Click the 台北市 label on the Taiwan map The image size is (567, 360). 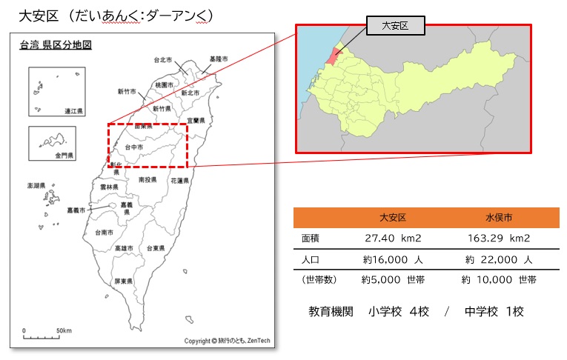[x=163, y=60]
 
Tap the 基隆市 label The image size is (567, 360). [x=219, y=59]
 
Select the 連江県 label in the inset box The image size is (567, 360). [x=73, y=111]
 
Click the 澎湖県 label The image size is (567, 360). [x=36, y=185]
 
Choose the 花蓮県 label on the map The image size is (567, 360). [x=180, y=181]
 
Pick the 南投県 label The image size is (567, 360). [x=147, y=179]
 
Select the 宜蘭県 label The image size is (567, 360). [x=196, y=120]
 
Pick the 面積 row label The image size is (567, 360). [x=312, y=239]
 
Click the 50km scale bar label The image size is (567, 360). [x=64, y=330]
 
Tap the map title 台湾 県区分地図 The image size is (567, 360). [x=56, y=45]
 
